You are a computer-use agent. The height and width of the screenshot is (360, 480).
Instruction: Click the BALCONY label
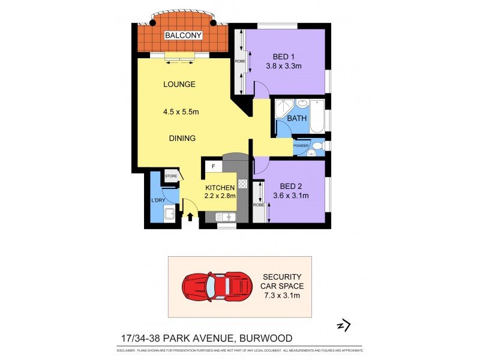tap(184, 35)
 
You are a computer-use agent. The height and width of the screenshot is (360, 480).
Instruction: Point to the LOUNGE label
tap(179, 85)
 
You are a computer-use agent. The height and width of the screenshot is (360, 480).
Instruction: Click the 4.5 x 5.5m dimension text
tap(181, 111)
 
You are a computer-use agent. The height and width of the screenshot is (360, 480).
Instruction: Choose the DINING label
tap(182, 138)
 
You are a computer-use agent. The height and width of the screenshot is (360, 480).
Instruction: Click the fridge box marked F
tap(212, 167)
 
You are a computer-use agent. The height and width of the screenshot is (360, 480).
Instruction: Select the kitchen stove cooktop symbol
tap(243, 184)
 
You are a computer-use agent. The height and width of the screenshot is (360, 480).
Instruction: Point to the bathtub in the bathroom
tap(317, 116)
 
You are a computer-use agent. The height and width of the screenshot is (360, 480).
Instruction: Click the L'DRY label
tap(158, 199)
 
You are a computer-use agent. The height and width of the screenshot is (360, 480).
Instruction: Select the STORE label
tap(171, 176)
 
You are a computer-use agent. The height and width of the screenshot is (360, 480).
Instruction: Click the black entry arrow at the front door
tap(191, 217)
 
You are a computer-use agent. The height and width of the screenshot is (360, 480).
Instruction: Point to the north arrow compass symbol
tap(343, 326)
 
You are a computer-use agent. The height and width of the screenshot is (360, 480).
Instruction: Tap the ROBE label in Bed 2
tap(258, 205)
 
